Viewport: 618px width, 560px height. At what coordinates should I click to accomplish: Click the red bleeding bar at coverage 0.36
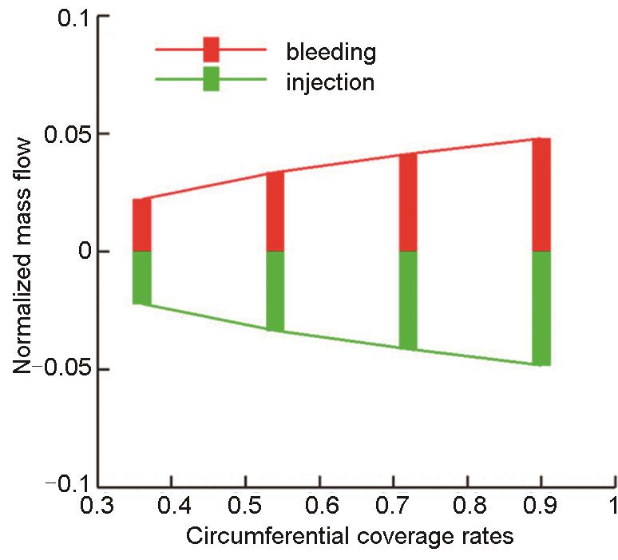click(x=142, y=224)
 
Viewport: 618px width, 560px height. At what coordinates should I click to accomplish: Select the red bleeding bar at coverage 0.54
click(x=275, y=211)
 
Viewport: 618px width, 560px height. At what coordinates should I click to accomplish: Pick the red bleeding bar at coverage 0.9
click(x=541, y=195)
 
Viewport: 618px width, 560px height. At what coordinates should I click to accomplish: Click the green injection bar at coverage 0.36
click(x=142, y=277)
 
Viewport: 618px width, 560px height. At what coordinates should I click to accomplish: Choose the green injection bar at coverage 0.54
click(x=275, y=291)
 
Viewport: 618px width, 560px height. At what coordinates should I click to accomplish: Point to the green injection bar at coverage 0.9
click(x=541, y=308)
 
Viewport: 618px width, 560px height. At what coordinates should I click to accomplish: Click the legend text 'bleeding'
click(x=331, y=53)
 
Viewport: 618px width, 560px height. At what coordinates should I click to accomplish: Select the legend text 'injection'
click(x=330, y=81)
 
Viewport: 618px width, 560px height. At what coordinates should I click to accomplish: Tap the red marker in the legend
click(x=211, y=50)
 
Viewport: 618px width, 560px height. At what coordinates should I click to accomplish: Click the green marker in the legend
click(x=211, y=79)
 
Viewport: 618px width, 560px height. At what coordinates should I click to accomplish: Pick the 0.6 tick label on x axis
click(x=319, y=508)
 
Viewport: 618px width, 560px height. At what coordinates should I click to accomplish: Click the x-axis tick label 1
click(x=612, y=508)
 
